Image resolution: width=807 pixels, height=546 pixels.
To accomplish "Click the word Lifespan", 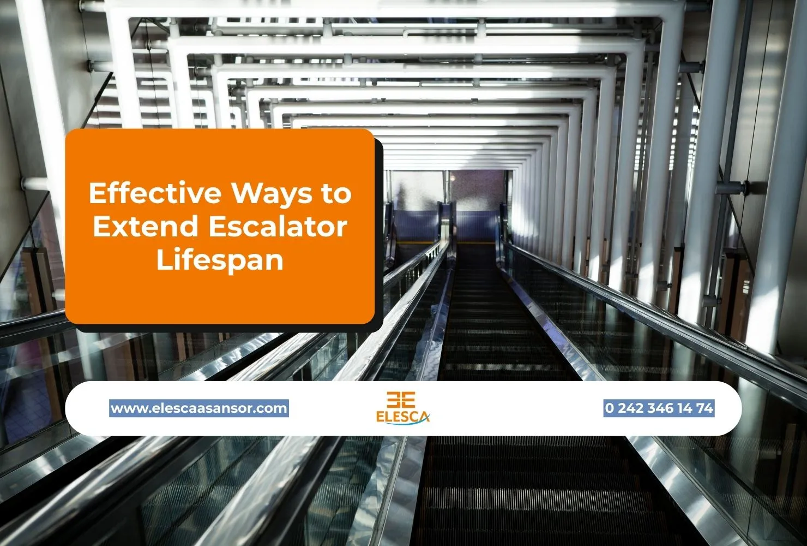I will click(x=220, y=260).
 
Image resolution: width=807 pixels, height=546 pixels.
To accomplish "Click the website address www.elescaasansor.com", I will click(x=199, y=408).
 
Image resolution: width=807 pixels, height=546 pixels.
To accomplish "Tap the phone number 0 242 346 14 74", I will click(x=659, y=408).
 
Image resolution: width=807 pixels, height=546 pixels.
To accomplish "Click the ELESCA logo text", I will click(x=402, y=416).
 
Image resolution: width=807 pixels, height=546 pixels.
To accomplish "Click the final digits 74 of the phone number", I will click(x=705, y=408).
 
